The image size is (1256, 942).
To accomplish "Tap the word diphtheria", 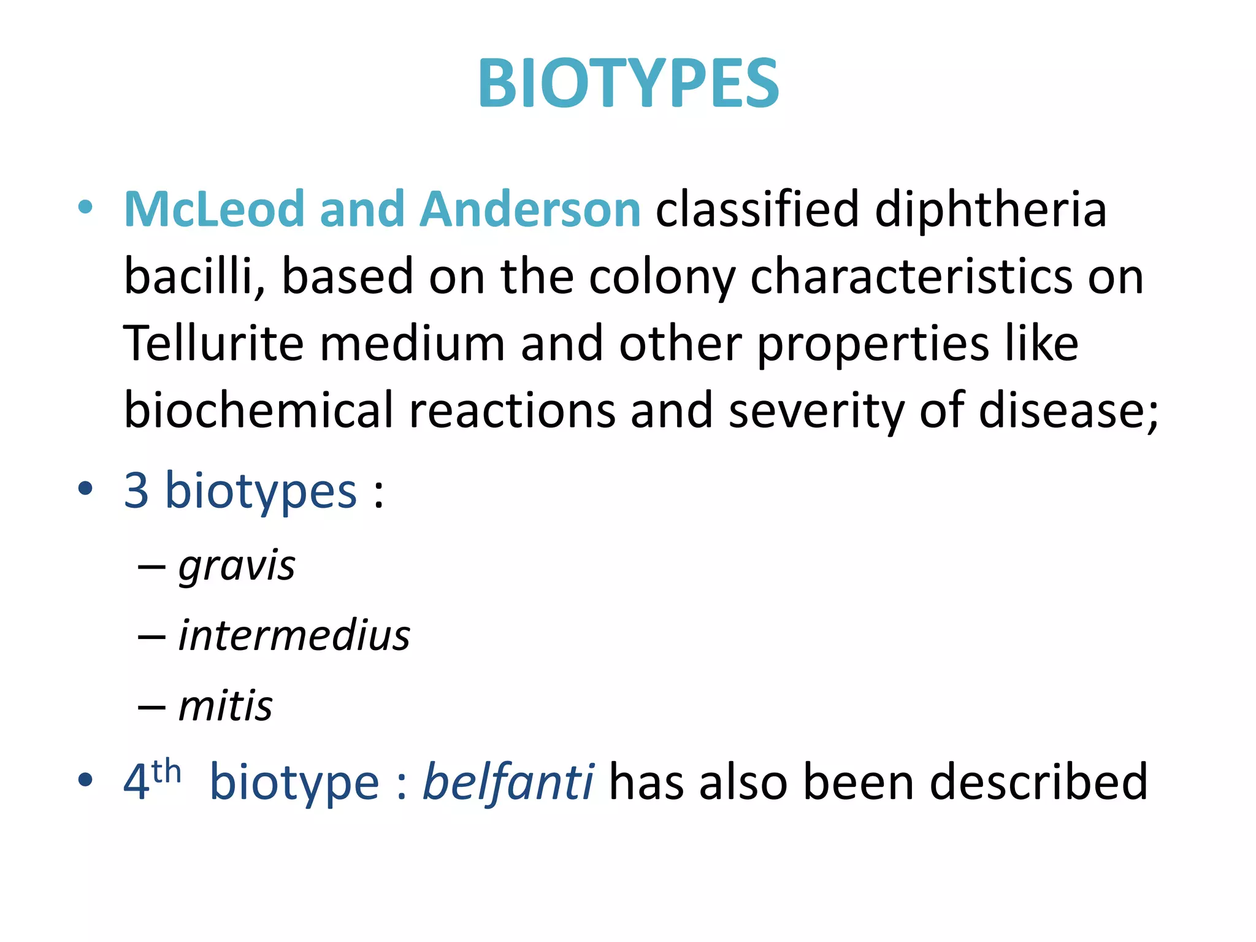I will tap(990, 210).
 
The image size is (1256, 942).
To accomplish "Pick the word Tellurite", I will tap(213, 343).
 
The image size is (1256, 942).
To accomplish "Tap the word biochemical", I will tap(258, 410).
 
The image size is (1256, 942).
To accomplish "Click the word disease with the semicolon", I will tap(1067, 410).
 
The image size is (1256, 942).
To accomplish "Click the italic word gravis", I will tap(237, 565).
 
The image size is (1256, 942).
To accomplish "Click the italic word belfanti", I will tap(508, 782).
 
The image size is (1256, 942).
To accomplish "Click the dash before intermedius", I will tap(151, 637).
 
